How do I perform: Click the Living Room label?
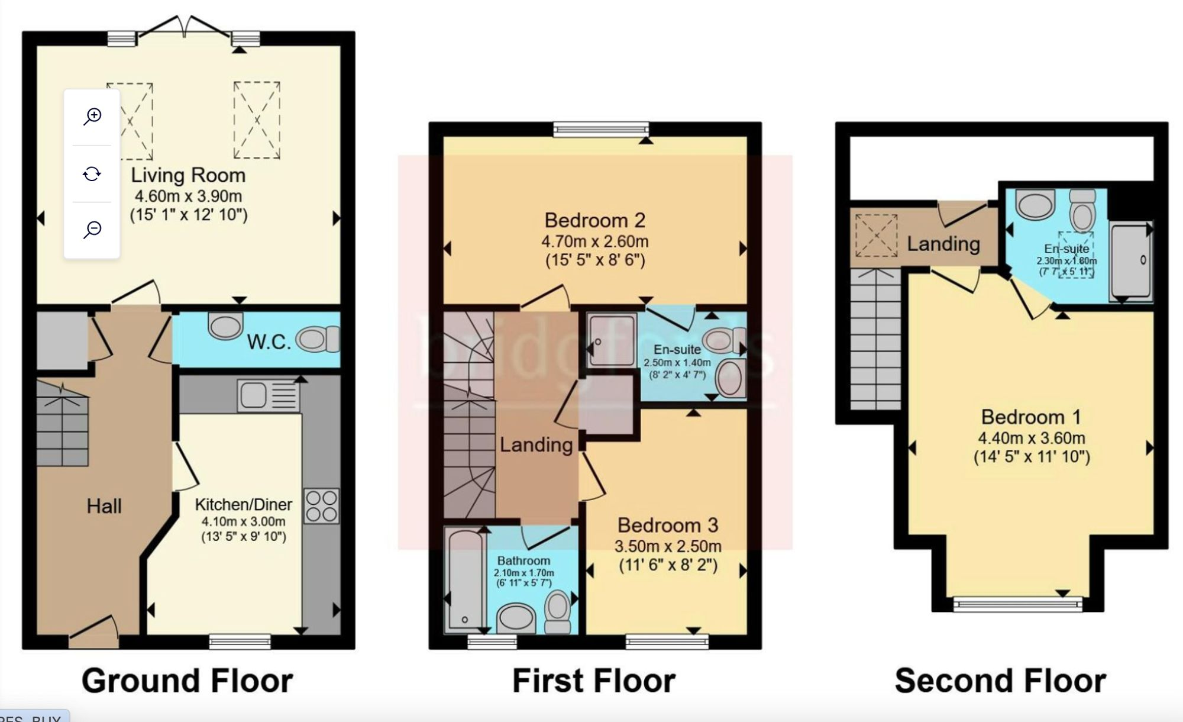pos(188,175)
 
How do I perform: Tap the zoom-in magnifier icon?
pos(92,117)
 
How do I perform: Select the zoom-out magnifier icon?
pos(92,230)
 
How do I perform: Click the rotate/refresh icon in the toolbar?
pos(92,174)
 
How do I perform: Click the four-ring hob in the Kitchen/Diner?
pos(322,506)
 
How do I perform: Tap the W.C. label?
pos(269,342)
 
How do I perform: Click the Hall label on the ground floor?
pos(104,506)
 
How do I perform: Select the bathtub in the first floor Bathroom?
pos(465,580)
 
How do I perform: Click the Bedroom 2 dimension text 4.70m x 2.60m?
pos(594,241)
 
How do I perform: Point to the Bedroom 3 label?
pos(668,525)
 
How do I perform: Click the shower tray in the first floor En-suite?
pos(612,340)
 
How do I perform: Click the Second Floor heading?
pos(1000,681)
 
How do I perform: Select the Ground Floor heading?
pos(187,681)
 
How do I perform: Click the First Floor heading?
pos(593,681)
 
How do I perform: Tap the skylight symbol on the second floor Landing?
pos(876,236)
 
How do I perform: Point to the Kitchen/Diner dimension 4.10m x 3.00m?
pos(243,521)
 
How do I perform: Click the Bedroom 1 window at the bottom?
pos(1018,604)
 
